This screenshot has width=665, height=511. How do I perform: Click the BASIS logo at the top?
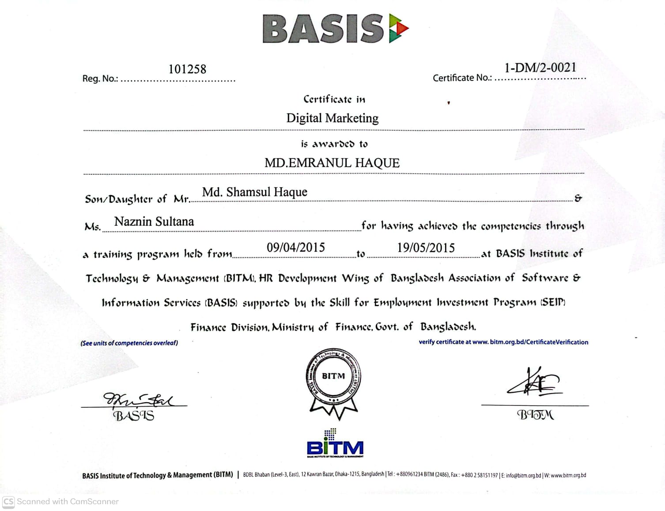click(x=335, y=29)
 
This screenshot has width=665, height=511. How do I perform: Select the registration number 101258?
click(x=187, y=69)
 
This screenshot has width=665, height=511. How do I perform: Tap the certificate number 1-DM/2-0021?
click(x=540, y=68)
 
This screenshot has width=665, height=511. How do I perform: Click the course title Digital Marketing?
click(x=332, y=118)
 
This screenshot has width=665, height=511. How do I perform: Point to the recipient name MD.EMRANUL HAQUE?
click(x=332, y=163)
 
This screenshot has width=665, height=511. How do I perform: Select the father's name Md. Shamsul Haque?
click(x=254, y=192)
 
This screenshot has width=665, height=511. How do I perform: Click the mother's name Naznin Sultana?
click(x=154, y=222)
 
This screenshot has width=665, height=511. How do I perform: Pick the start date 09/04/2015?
click(x=295, y=247)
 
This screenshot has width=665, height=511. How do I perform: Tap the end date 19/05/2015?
click(x=426, y=248)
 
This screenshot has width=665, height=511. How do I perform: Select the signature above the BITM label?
click(x=534, y=382)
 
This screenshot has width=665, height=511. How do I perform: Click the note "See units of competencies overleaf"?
click(x=129, y=343)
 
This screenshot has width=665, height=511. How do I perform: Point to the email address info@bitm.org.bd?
click(x=523, y=476)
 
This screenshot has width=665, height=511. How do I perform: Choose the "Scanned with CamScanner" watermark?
click(x=61, y=502)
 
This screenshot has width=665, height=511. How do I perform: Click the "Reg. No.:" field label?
click(x=100, y=79)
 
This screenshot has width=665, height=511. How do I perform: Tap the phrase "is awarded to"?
click(x=334, y=144)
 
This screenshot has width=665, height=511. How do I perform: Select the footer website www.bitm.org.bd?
click(x=568, y=476)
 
